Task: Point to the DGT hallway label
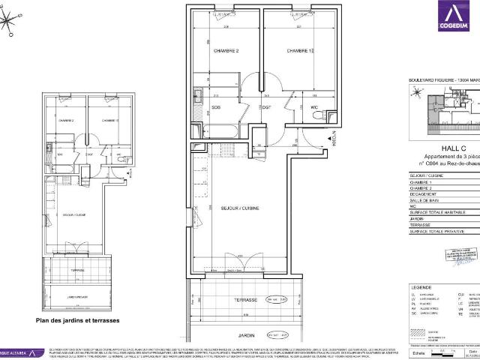point(265,107)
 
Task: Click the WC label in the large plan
point(316,107)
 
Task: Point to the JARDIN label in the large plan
point(248,334)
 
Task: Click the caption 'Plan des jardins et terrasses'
point(77,319)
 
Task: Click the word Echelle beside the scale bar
point(418,352)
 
